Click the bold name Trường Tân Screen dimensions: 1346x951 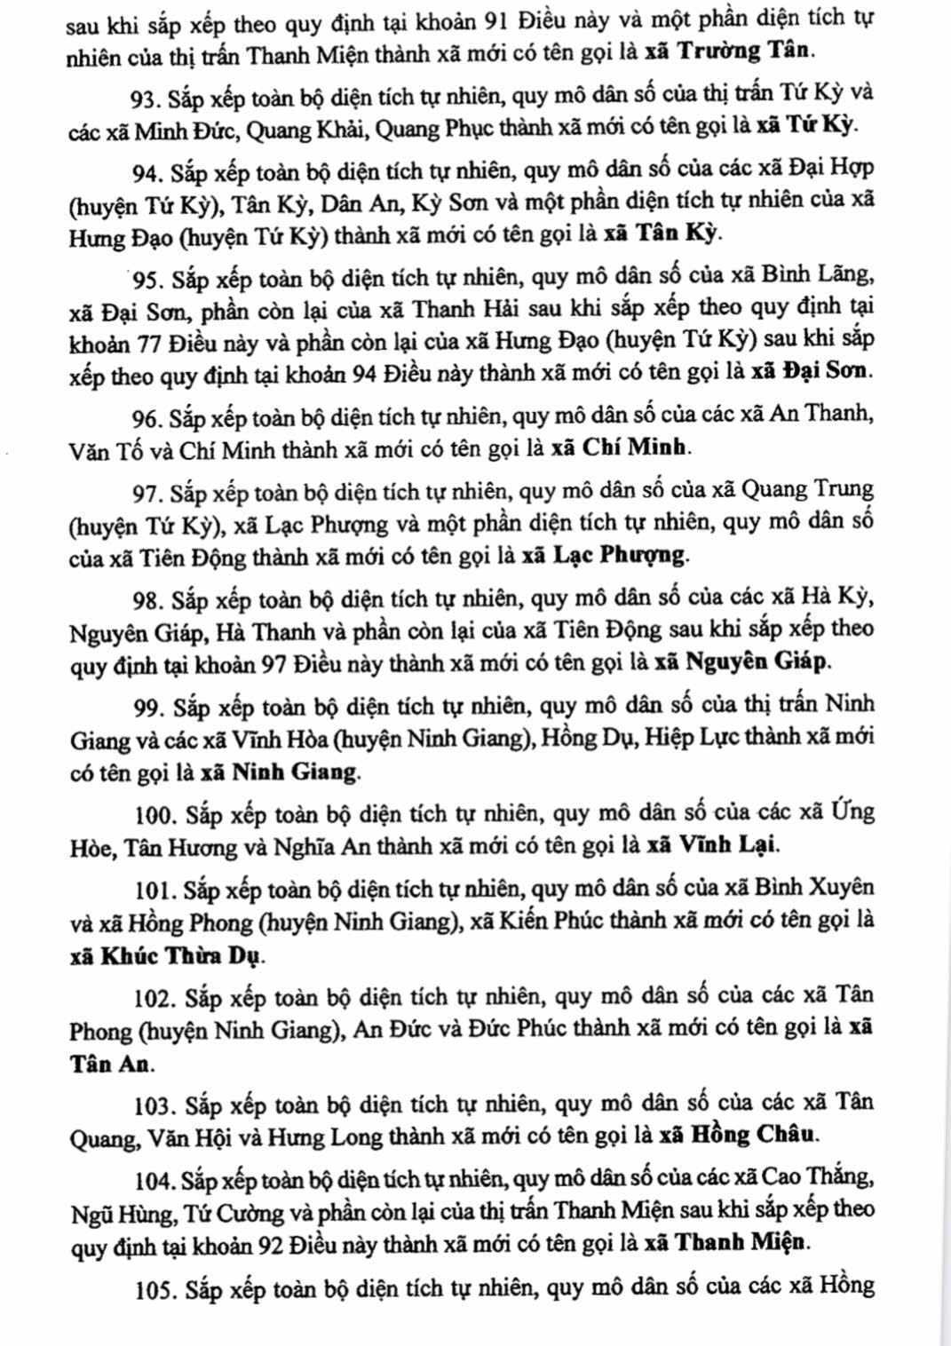tap(743, 51)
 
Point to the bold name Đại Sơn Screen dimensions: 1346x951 tap(826, 371)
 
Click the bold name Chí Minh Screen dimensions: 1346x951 tap(634, 447)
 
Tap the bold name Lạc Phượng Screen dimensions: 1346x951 tap(620, 556)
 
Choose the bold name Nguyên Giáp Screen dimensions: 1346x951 tap(757, 661)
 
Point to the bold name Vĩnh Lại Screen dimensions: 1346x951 tap(729, 844)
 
